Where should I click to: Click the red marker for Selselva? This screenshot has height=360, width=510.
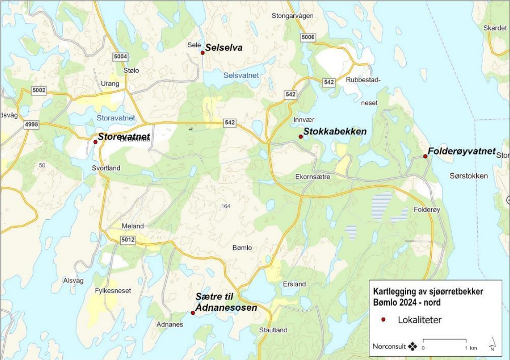[x=203, y=53]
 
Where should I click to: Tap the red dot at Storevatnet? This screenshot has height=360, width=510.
[x=95, y=142]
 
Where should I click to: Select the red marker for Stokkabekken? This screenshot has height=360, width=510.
[x=301, y=137]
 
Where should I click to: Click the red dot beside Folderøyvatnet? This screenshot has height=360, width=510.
[x=425, y=156]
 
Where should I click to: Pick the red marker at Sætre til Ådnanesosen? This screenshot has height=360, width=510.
[x=193, y=313]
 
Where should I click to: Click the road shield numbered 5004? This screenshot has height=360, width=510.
[x=121, y=57]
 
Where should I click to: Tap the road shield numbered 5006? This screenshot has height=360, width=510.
[x=308, y=37]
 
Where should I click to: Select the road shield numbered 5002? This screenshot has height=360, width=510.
[x=39, y=91]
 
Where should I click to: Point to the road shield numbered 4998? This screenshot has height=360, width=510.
[x=32, y=124]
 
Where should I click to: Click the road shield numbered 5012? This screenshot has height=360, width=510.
[x=128, y=240]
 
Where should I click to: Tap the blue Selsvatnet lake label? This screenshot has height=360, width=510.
[x=241, y=75]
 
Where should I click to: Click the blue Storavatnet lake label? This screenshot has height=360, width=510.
[x=116, y=118]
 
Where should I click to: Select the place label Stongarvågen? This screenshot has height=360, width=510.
[x=292, y=16]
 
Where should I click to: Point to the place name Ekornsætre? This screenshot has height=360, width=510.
[x=312, y=176]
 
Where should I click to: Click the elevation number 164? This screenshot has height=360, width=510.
[x=226, y=206]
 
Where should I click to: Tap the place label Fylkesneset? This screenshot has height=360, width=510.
[x=113, y=290]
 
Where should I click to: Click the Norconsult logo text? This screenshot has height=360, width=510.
[x=389, y=346]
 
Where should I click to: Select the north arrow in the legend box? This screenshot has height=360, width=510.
[x=492, y=344]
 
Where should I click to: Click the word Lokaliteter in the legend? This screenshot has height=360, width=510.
[x=419, y=320]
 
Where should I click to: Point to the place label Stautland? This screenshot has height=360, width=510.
[x=273, y=330]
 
